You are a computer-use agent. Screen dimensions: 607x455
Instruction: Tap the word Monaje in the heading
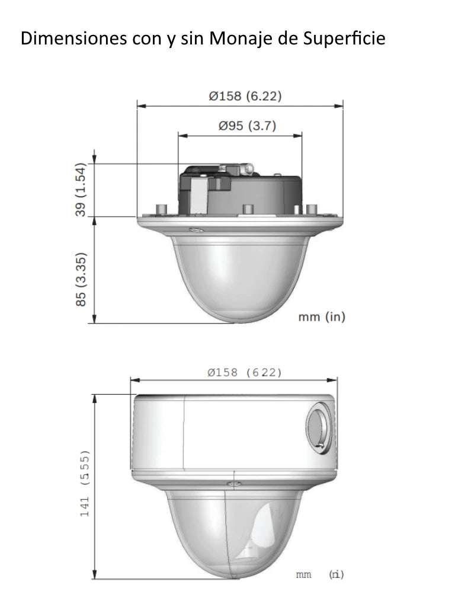232,39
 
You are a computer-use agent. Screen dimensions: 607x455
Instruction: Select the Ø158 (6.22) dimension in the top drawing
245,96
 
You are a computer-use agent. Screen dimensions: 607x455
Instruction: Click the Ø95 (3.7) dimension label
247,126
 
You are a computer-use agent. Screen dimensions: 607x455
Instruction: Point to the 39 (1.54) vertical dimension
81,190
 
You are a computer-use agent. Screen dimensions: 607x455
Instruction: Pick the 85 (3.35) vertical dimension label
81,280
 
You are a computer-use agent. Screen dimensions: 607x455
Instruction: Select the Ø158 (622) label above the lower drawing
245,372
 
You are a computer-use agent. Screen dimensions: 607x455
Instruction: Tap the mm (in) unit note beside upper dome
321,317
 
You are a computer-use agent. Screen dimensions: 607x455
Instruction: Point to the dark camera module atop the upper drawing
240,190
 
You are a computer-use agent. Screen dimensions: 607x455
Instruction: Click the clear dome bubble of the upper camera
240,276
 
